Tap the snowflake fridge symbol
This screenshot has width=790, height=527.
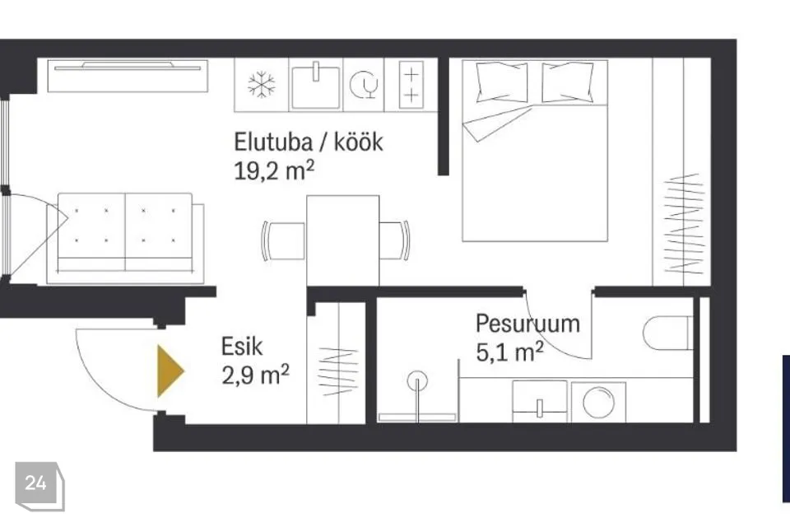[262, 84]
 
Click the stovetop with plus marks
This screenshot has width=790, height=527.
[411, 84]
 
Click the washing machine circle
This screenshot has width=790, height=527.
[598, 403]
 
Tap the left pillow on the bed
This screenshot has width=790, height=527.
[502, 82]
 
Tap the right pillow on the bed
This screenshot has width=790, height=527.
[567, 82]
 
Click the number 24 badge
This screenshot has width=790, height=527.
[39, 486]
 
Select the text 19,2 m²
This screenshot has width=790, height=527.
[274, 171]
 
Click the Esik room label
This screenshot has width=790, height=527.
[242, 347]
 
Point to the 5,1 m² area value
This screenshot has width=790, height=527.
[509, 352]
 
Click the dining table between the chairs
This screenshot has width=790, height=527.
[342, 241]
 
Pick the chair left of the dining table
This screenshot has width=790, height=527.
[283, 241]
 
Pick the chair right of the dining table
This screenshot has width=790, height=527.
[394, 240]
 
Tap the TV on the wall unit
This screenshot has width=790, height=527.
[128, 66]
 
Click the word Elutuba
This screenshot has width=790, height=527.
[273, 142]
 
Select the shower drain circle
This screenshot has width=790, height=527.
[418, 380]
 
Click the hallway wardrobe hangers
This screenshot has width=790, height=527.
[338, 371]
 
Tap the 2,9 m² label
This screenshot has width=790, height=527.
[255, 375]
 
